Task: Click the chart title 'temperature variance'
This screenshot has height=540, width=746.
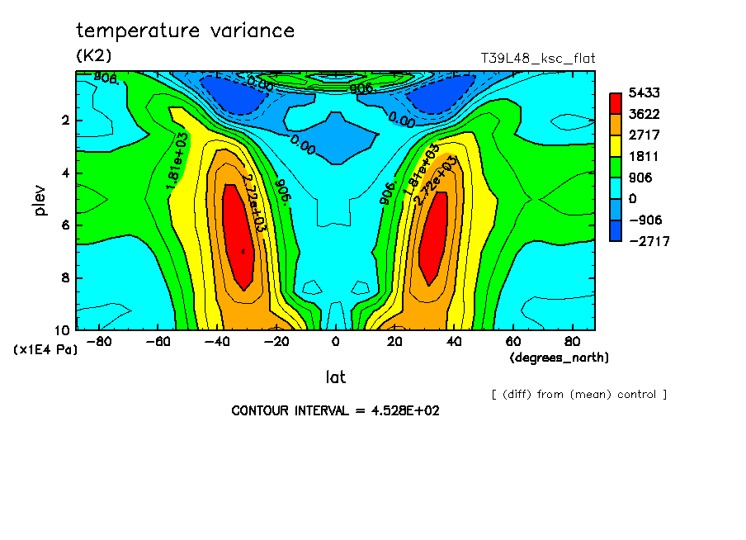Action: point(185,31)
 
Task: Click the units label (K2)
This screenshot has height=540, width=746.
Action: point(93,56)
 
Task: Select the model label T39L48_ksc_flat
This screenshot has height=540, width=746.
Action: point(537,58)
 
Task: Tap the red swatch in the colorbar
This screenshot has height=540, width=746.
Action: point(615,102)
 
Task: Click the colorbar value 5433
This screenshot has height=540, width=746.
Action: point(644,92)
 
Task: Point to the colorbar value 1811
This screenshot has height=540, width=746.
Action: point(644,156)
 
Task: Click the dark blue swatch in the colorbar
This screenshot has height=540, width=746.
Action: point(615,230)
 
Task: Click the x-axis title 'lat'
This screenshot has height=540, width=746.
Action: point(335,377)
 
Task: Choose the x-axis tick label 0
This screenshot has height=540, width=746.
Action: point(335,342)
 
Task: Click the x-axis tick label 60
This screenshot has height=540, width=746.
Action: point(512,342)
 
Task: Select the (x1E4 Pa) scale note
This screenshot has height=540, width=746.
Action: point(45,349)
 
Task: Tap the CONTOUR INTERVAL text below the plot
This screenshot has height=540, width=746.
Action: point(335,410)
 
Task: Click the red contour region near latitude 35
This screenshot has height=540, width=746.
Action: point(433,239)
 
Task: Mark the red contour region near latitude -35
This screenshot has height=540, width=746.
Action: point(239,239)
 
